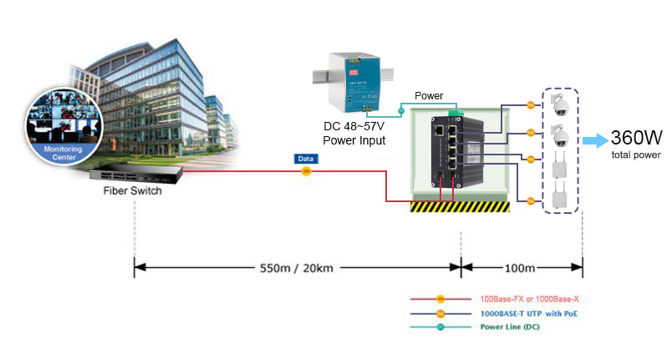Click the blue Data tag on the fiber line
(x=306, y=158)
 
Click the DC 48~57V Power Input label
(x=354, y=134)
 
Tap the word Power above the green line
(x=429, y=96)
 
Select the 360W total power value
(x=636, y=138)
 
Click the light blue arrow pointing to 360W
(x=594, y=140)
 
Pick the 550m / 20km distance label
(x=297, y=268)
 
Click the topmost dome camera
(x=559, y=106)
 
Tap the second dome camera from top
(x=559, y=134)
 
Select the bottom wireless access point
(x=559, y=199)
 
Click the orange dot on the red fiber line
(x=306, y=172)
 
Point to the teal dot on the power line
(x=400, y=109)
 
